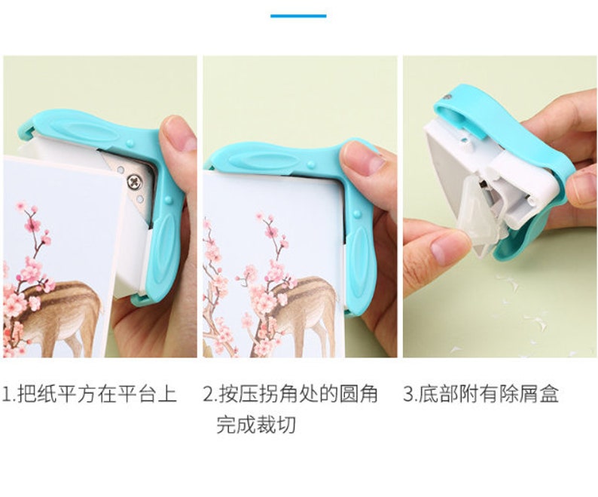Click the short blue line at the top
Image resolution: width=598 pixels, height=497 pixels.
point(298,15)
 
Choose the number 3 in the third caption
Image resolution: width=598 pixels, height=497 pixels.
point(408,394)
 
